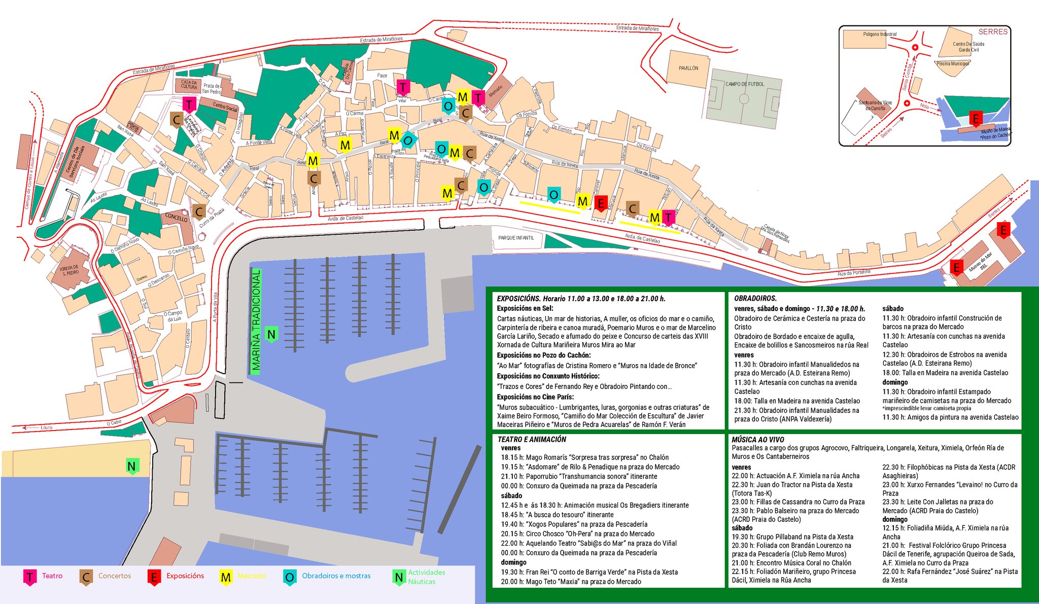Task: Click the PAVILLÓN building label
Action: click(688, 68)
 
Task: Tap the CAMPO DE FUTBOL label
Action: click(744, 84)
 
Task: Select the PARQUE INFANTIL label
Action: click(516, 238)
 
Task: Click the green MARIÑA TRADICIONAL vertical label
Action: click(256, 322)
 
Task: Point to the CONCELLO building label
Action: click(176, 218)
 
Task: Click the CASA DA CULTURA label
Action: click(189, 84)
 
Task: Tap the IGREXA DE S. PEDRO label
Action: click(70, 270)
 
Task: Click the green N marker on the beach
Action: click(132, 467)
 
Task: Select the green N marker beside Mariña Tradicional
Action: click(271, 334)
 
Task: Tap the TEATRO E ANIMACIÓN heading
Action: click(532, 440)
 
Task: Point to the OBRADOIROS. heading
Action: click(755, 299)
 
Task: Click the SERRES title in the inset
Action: click(992, 32)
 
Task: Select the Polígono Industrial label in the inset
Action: click(879, 34)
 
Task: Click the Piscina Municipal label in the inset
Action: click(952, 64)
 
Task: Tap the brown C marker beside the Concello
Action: click(199, 212)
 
